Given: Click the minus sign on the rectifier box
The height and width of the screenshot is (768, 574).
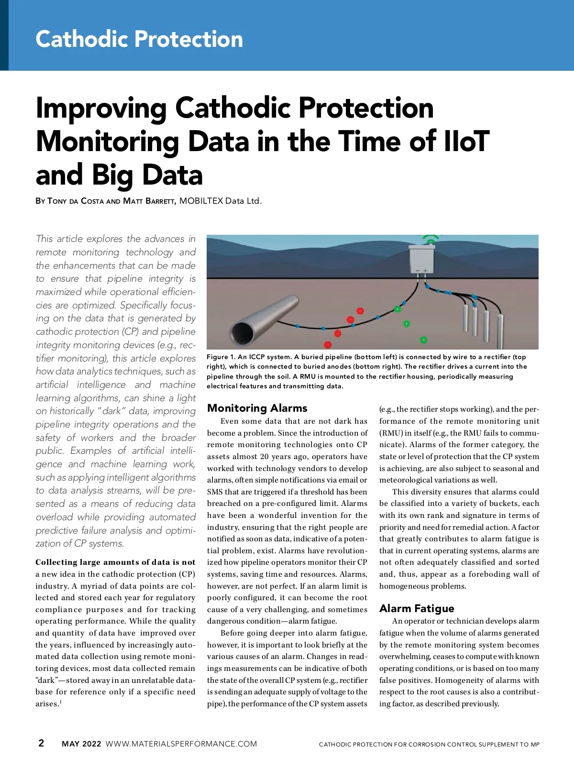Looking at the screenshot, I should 418,271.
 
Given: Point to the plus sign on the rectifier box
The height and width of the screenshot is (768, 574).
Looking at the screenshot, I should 425,271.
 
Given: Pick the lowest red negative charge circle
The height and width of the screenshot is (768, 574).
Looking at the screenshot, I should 328,344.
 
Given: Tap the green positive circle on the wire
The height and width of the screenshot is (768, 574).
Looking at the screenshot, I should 397,309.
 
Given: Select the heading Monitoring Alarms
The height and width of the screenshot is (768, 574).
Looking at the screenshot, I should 257,408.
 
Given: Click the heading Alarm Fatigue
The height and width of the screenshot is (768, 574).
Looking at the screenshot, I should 417,608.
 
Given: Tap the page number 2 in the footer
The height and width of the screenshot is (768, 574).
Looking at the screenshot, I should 41,743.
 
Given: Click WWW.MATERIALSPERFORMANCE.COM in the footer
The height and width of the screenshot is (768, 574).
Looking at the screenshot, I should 181,744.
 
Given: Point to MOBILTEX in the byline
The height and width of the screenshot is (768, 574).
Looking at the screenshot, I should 201,201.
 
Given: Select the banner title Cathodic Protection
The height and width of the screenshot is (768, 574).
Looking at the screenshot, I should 139,39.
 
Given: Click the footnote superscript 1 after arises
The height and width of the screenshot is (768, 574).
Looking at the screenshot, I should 61,702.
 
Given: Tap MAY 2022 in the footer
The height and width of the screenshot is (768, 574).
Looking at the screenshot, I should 81,744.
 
